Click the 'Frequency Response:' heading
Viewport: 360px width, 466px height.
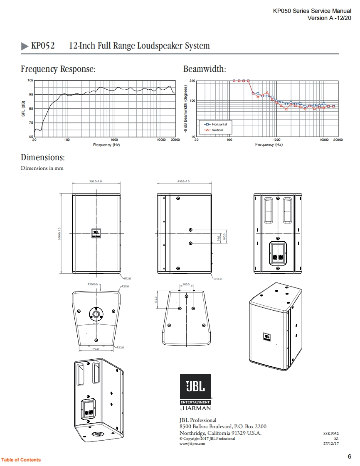(x=58, y=69)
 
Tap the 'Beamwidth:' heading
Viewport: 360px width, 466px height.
(x=205, y=69)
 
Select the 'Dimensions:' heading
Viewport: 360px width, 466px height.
(x=43, y=158)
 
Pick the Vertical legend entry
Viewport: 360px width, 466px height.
(x=214, y=130)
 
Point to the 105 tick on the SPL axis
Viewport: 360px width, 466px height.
(x=30, y=80)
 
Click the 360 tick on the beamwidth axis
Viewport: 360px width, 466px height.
(x=192, y=81)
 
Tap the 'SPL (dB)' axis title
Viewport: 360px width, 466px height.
(x=24, y=109)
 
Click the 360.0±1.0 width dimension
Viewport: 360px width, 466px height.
(x=96, y=181)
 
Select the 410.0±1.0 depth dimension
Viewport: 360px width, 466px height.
(x=183, y=181)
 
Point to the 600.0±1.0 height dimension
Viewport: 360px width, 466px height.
(x=59, y=233)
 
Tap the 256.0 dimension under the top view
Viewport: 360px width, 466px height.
(x=95, y=349)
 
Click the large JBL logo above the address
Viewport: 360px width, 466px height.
(x=195, y=387)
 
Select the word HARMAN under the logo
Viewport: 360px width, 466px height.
(x=197, y=408)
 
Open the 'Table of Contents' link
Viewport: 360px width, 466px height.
(x=21, y=460)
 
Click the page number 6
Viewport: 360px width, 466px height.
(x=349, y=456)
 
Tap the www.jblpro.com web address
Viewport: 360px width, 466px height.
(x=192, y=444)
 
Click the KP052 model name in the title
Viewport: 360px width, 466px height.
(x=43, y=46)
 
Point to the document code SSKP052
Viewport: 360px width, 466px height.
(x=331, y=433)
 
